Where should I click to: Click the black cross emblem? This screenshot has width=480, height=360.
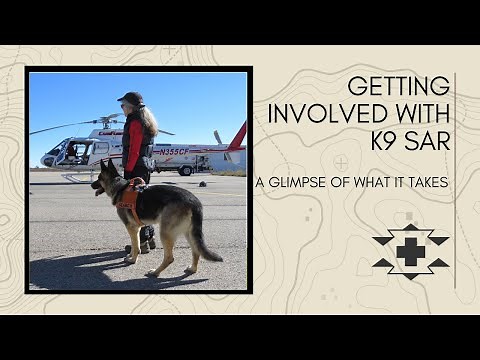click(410, 251)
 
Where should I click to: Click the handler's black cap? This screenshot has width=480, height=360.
click(130, 98)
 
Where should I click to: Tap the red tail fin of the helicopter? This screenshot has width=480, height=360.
click(237, 138)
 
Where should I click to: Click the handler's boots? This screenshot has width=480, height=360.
click(146, 238)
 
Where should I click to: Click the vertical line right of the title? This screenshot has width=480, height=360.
click(456, 180)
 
